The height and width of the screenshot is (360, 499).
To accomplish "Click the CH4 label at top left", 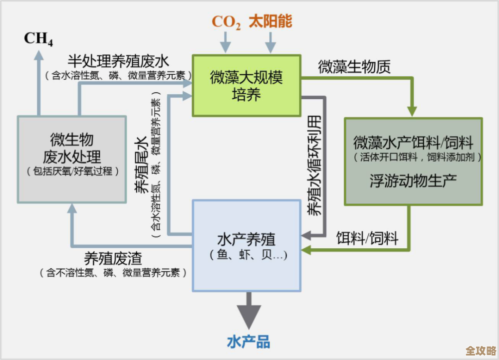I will (x=38, y=38).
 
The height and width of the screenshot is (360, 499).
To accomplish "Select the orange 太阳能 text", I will (x=270, y=21).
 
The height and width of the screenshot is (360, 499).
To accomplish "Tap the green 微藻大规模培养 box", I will (x=247, y=86).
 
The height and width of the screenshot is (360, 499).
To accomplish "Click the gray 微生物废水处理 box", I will (x=72, y=159).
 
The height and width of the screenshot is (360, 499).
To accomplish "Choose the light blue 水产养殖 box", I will (x=247, y=245).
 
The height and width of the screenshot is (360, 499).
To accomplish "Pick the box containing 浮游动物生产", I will (x=413, y=161).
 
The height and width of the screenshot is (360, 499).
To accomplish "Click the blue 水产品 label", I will (x=249, y=342).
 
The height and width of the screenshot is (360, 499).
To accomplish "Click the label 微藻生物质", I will (x=354, y=66).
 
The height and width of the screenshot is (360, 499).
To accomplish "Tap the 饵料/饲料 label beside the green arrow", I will (x=367, y=238).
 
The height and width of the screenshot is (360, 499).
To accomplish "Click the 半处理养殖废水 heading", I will (x=118, y=61).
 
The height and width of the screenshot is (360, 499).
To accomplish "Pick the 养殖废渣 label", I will (x=113, y=258).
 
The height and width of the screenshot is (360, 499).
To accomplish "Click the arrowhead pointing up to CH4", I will (x=38, y=56).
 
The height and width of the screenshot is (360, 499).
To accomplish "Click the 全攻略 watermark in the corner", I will (x=480, y=350).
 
